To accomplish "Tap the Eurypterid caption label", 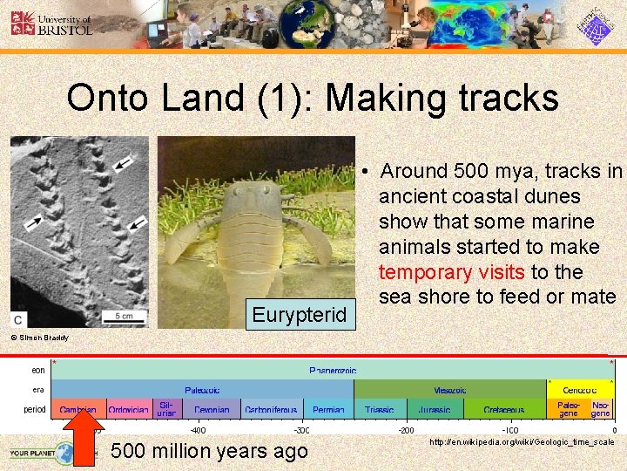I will click(300, 313).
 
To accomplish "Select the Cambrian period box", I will click(78, 409).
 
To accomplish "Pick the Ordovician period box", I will click(129, 409).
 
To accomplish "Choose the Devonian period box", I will click(212, 409).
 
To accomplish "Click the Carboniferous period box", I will click(271, 409).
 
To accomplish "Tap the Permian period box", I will click(328, 409).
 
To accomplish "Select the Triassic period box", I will click(380, 409).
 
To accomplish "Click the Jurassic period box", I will click(434, 409).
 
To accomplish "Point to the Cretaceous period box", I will click(504, 409).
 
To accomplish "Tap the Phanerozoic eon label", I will click(333, 370).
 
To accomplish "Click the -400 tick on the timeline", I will click(199, 430).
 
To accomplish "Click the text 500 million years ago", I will click(210, 451).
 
